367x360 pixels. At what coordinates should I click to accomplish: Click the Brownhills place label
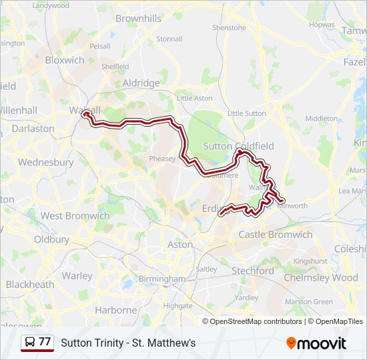[x=138, y=19]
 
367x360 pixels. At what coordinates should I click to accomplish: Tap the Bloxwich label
[x=65, y=60]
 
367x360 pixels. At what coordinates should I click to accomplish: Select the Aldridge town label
[x=141, y=83]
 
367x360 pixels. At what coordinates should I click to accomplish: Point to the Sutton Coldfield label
[x=229, y=146]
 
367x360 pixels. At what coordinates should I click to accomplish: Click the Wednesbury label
[x=45, y=162]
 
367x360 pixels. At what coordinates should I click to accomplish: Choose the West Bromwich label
[x=75, y=216]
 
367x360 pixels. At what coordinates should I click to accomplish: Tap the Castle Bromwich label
[x=275, y=235]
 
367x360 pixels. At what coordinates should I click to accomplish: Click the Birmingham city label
[x=161, y=279]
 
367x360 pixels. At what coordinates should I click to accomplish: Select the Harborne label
[x=115, y=310]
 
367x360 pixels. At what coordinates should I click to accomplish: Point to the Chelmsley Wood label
[x=321, y=277]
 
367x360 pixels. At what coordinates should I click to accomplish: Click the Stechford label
[x=252, y=271]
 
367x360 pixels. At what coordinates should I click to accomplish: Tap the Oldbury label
[x=51, y=239]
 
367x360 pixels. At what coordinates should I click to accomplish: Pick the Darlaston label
[x=33, y=128]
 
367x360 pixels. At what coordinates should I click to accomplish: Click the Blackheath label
[x=29, y=285]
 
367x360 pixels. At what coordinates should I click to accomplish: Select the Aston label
[x=180, y=245]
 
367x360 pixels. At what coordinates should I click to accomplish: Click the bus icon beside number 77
[x=30, y=342]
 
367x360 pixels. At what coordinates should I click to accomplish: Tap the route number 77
[x=45, y=342]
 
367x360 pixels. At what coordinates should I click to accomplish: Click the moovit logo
[x=316, y=343]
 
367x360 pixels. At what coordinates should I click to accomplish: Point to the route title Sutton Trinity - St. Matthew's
[x=128, y=343]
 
